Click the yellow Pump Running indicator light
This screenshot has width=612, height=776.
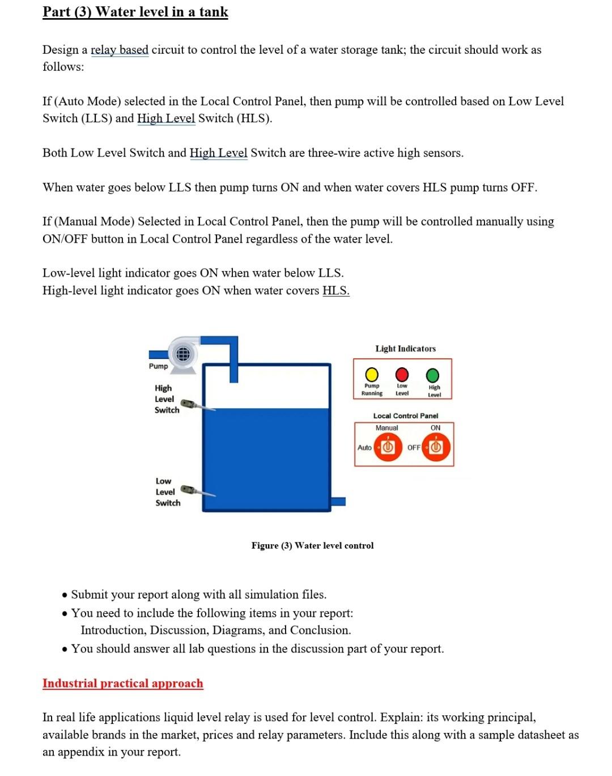[372, 375]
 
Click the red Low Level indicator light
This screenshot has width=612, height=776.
[402, 375]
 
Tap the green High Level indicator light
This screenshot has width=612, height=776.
[432, 375]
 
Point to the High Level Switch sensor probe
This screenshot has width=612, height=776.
[196, 405]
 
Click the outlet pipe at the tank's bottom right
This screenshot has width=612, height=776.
[338, 501]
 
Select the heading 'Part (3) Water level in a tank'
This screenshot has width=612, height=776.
[135, 12]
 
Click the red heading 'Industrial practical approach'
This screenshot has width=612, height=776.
[122, 683]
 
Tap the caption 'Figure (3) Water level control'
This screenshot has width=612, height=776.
[312, 545]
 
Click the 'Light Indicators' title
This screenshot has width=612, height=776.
[405, 349]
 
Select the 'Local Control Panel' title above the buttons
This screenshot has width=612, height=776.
[405, 415]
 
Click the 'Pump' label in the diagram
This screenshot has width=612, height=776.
[158, 366]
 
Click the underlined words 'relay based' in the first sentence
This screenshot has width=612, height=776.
[120, 50]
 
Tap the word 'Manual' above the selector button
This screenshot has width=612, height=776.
[386, 428]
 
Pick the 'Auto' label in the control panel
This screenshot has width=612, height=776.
[364, 447]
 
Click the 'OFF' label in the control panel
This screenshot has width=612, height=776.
[414, 447]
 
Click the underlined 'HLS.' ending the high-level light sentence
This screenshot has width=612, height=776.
[335, 291]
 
